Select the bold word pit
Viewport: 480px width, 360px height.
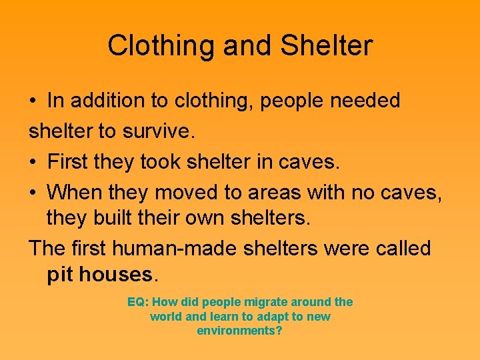(x=60, y=274)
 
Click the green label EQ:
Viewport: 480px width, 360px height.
(x=137, y=302)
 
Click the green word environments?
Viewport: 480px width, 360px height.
(x=239, y=331)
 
